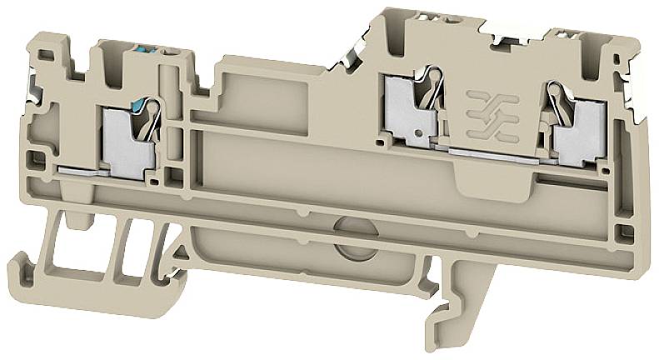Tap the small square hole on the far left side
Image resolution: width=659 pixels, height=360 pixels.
[x=36, y=155]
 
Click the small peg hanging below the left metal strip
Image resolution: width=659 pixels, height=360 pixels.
[x=81, y=219]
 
